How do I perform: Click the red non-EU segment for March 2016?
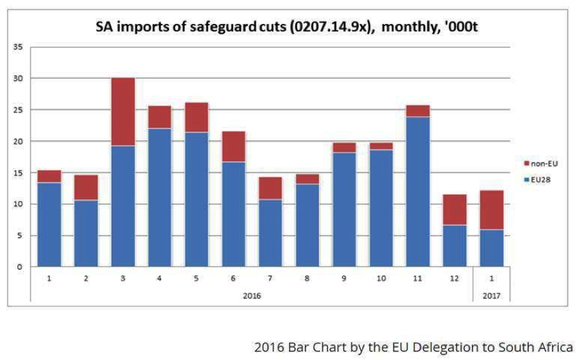point(123,112)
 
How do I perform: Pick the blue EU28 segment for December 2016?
point(455,245)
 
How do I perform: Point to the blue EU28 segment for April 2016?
point(160,197)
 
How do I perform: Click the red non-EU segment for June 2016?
point(233,146)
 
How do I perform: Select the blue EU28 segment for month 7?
point(270,233)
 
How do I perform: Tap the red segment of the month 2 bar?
point(86,188)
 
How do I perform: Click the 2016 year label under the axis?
point(251,295)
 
